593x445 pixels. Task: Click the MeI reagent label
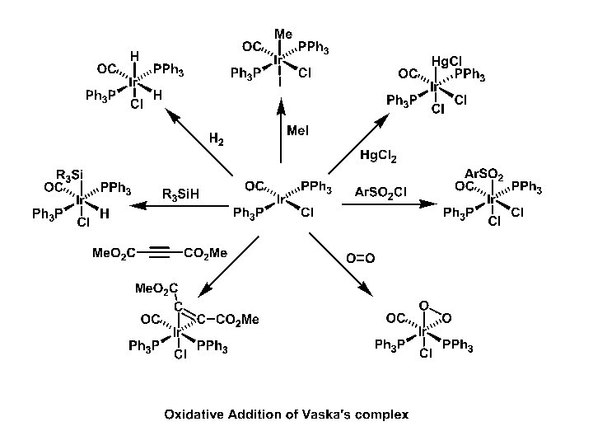click(x=297, y=131)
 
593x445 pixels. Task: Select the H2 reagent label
click(x=217, y=140)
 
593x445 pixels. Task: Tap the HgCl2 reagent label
click(x=377, y=155)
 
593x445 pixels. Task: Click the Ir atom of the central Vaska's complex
click(x=281, y=199)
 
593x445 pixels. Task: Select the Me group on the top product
click(x=283, y=34)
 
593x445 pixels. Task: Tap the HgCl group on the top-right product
click(x=450, y=62)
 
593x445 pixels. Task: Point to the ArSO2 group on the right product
click(x=483, y=174)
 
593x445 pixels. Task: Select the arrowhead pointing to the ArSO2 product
click(x=432, y=203)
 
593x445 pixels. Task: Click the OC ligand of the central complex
click(x=254, y=185)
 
